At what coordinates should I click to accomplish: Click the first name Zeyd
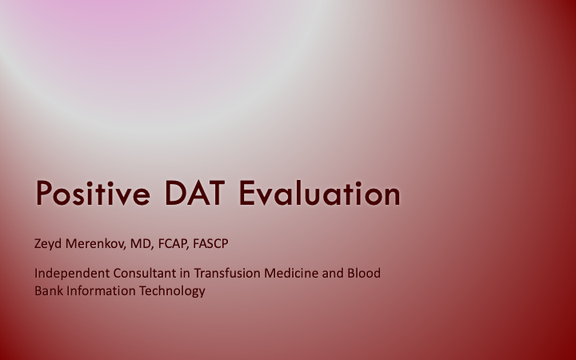48,242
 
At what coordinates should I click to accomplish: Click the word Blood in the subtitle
363,273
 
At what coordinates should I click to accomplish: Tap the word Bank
48,290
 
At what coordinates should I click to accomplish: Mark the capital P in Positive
44,194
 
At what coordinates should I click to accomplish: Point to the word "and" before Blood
331,273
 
